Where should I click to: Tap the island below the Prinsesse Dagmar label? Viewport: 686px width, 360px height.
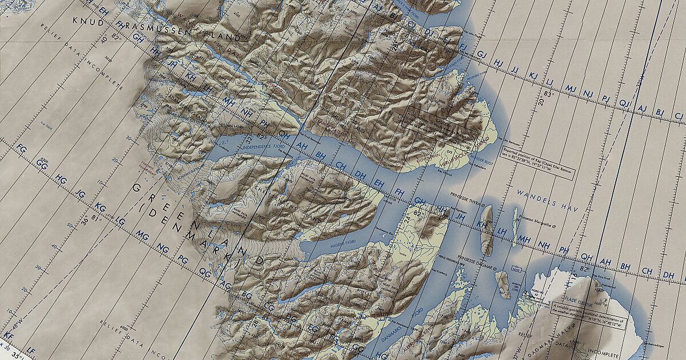pos(502,284)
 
